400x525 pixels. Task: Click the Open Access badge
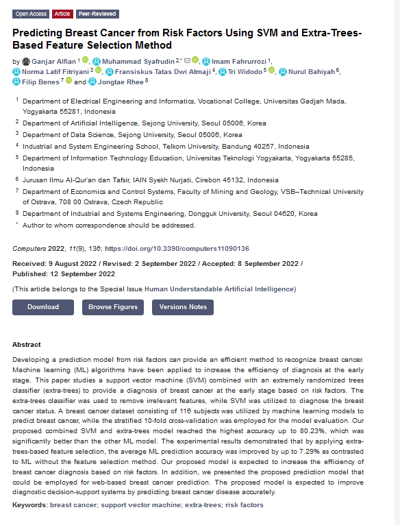(x=31, y=14)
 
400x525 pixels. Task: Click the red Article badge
(x=63, y=14)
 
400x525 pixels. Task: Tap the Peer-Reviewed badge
(x=97, y=14)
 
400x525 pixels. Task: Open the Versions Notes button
(x=183, y=307)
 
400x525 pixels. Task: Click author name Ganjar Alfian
(x=54, y=61)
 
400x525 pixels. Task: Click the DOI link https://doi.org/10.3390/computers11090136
(x=177, y=249)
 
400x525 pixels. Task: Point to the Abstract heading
(x=27, y=345)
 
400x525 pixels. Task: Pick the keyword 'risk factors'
(x=244, y=505)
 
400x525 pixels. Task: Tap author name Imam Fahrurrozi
(x=239, y=61)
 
